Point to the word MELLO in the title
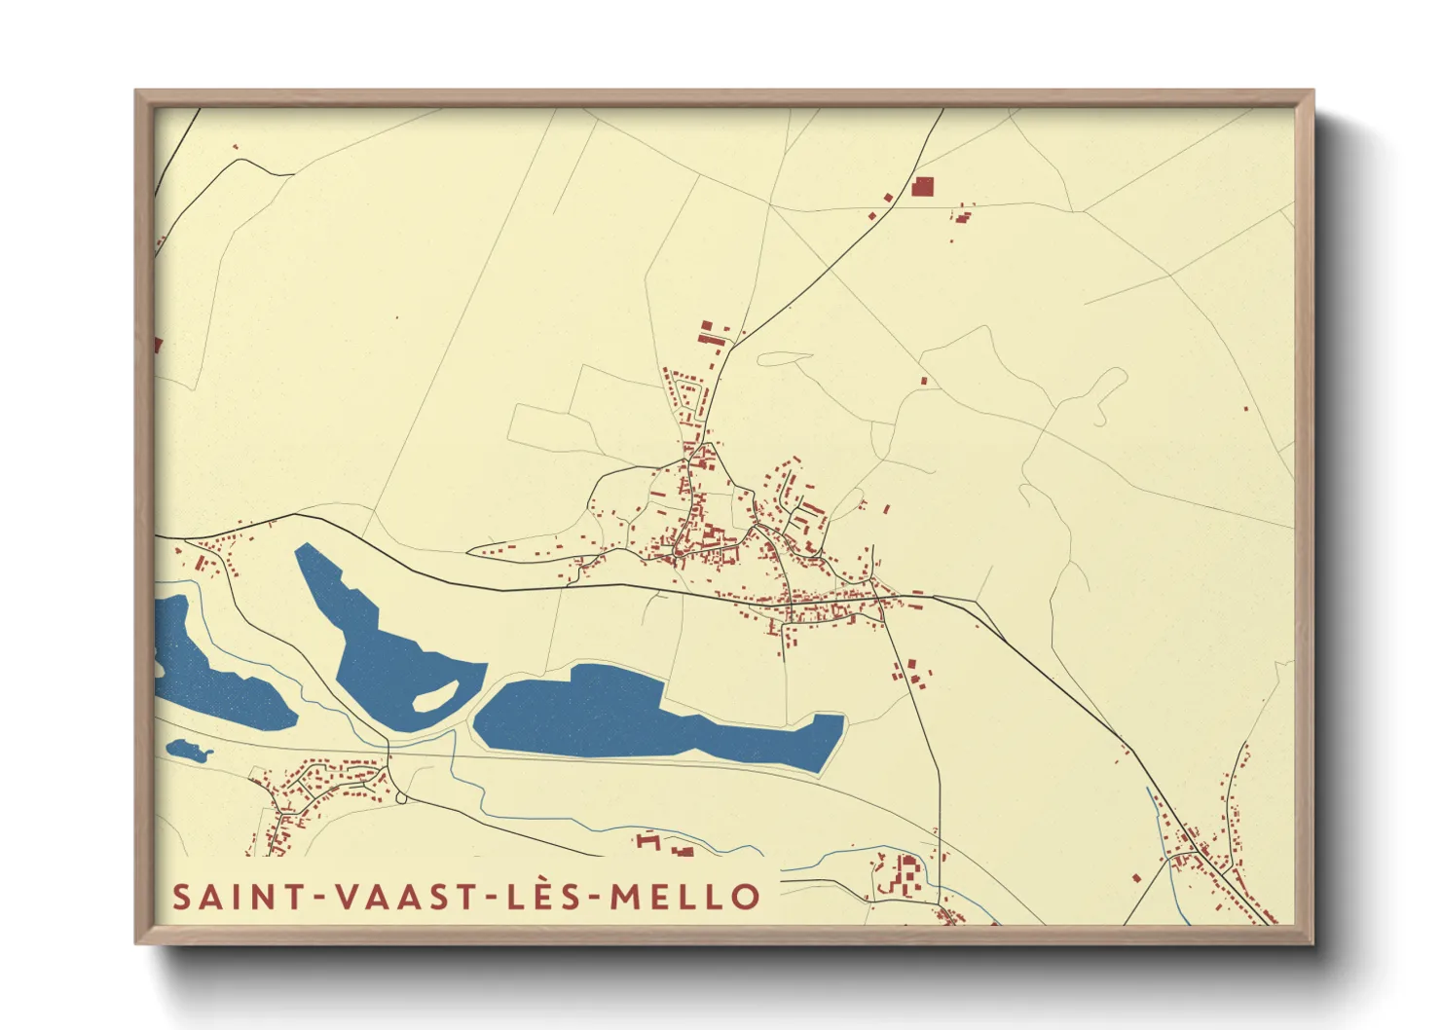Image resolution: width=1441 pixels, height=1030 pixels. pos(684,897)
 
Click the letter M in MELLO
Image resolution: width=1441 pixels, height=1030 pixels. pos(626,897)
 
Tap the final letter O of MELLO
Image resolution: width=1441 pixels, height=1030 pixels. pos(746,897)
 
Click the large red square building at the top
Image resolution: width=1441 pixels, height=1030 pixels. pos(922,187)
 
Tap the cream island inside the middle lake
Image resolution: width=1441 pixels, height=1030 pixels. pos(435,695)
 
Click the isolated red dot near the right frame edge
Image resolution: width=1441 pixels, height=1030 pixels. pos(1245,408)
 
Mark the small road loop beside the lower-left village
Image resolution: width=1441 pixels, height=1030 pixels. pos(401,798)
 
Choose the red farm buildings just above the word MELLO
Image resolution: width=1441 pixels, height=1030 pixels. pos(662,844)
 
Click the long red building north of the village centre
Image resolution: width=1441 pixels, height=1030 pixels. pos(711,340)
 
